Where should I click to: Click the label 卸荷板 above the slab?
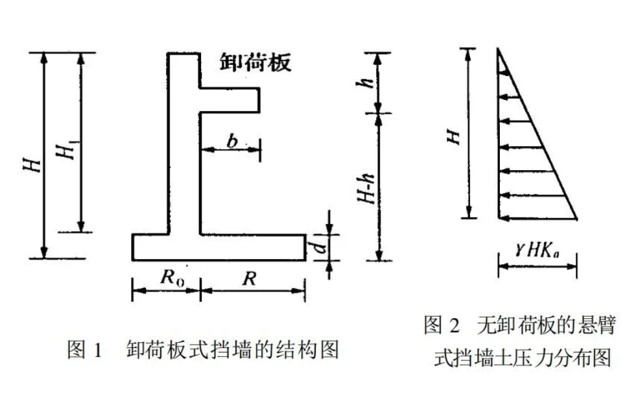pos(254,63)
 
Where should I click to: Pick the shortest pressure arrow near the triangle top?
pos(504,77)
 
